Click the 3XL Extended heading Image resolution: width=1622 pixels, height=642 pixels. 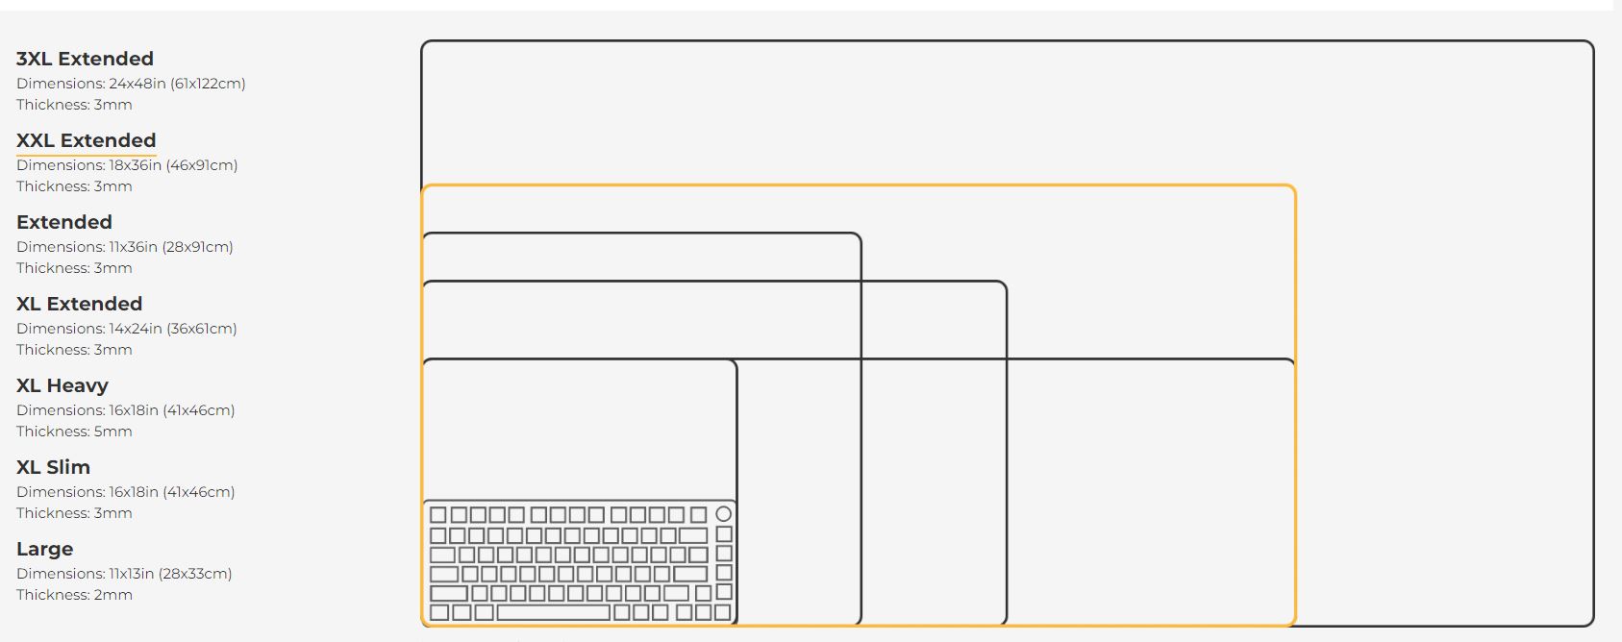click(85, 59)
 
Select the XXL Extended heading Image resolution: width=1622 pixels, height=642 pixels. click(87, 140)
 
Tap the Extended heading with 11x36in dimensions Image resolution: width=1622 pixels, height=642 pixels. click(64, 222)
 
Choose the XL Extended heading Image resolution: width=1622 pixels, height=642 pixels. click(79, 304)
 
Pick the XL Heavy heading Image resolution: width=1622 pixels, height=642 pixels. click(62, 385)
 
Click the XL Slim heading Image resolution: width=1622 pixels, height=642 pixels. click(53, 468)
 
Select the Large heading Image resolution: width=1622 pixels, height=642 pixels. click(44, 550)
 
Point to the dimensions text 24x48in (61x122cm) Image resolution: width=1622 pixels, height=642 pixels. click(178, 84)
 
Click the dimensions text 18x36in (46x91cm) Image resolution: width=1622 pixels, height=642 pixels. click(173, 165)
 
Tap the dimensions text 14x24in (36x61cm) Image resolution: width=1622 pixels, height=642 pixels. click(173, 329)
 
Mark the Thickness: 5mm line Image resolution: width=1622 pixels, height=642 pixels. click(74, 432)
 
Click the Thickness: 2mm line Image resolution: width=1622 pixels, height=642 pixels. click(74, 595)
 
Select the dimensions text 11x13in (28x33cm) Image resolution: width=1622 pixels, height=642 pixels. click(170, 574)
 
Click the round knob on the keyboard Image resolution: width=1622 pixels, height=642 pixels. click(723, 514)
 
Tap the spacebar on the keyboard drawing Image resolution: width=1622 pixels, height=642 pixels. click(553, 612)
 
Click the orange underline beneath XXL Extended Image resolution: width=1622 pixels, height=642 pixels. click(87, 154)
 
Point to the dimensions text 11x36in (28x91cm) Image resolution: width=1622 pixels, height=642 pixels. click(171, 248)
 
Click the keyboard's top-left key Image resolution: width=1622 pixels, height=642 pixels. click(438, 514)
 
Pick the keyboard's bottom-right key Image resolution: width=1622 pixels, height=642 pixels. click(723, 612)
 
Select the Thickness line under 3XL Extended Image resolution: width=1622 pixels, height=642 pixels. click(74, 105)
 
